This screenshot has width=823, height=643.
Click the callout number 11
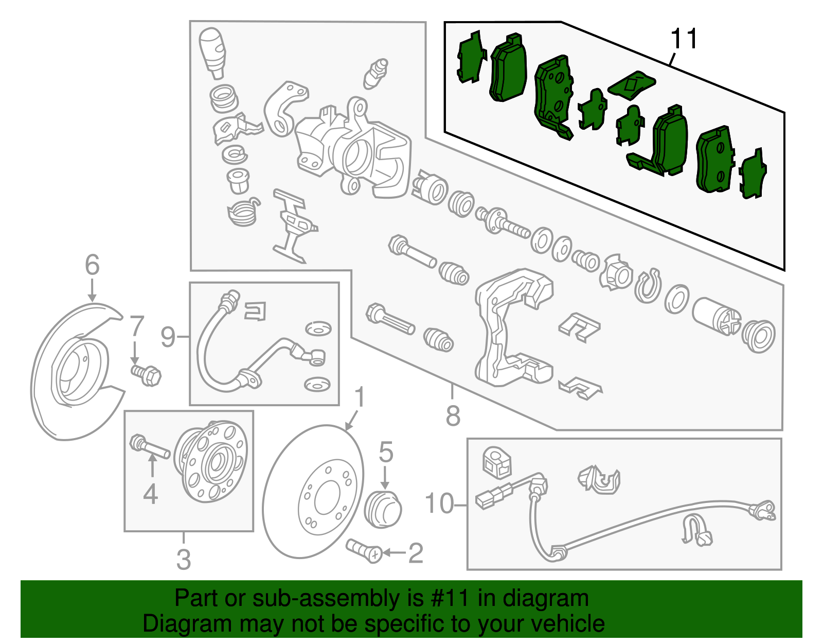685,39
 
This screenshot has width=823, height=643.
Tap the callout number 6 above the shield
92,265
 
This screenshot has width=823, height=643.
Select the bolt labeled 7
147,374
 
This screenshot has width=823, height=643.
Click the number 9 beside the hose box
168,337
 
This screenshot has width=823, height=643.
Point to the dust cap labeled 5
382,509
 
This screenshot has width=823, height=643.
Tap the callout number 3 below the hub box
184,559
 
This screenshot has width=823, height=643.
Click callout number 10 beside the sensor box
439,503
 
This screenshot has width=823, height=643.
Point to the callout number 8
453,415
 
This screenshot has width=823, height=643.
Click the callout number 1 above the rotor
360,398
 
